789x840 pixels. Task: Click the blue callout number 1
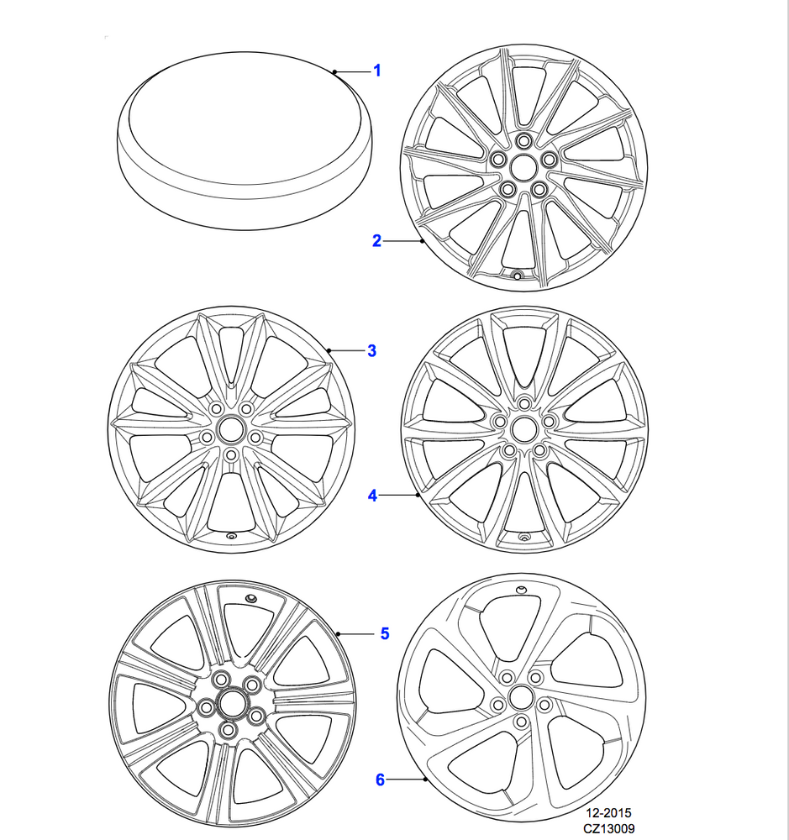376,71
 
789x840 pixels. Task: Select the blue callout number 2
376,240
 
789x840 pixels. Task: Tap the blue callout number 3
372,351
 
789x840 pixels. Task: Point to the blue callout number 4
372,496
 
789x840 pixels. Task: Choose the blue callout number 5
385,633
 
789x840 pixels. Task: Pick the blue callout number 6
380,780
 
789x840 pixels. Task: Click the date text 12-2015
609,812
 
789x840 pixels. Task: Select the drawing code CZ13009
609,828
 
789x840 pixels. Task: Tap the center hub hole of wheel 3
231,428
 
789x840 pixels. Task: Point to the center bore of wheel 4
523,428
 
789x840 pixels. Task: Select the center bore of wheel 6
519,697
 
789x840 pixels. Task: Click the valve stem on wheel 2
518,276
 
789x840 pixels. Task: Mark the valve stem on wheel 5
250,598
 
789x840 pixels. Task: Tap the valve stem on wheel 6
521,591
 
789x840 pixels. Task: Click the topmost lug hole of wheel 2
523,141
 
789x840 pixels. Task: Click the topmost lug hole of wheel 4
524,403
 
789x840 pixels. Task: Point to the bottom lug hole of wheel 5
229,730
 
